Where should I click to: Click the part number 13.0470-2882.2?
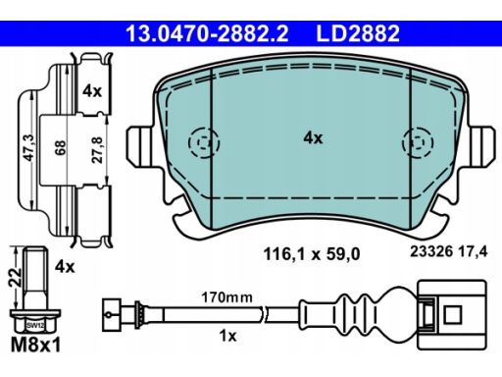click(x=207, y=33)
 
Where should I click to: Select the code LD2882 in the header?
click(x=358, y=33)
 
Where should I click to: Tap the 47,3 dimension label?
click(x=30, y=148)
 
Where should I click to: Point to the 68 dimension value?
click(x=61, y=147)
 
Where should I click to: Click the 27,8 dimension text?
click(x=97, y=150)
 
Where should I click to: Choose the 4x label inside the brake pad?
click(x=313, y=138)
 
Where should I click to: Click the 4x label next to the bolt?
click(x=65, y=267)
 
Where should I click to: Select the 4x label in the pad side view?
click(x=92, y=91)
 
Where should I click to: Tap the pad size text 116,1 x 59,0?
click(x=312, y=254)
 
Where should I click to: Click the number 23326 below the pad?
click(x=431, y=251)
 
